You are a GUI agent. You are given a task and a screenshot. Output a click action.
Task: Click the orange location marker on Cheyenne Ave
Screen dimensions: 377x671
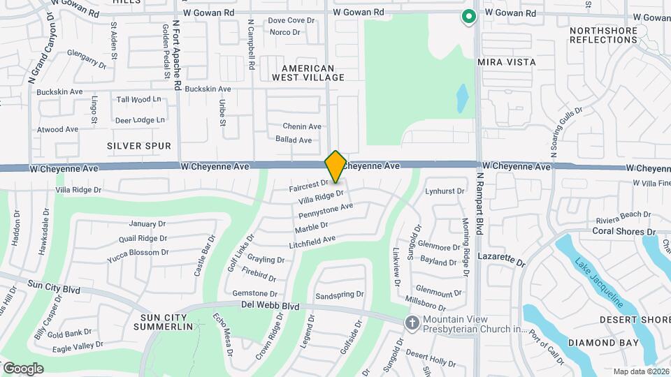click(x=335, y=167)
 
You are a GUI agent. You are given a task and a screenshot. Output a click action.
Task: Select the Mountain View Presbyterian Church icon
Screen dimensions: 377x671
click(x=412, y=323)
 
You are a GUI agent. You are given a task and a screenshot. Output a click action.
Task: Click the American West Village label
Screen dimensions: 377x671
click(x=313, y=73)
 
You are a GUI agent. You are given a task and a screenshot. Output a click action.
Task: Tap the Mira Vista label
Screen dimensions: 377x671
click(x=507, y=62)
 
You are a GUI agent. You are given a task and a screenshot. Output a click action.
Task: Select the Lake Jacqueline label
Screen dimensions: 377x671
click(x=599, y=283)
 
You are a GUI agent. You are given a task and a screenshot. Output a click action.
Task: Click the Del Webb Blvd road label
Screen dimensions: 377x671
click(x=270, y=306)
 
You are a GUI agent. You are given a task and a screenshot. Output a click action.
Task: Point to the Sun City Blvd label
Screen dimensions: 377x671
click(x=54, y=288)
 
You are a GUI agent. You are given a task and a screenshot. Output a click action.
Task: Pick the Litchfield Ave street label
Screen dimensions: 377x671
click(x=312, y=242)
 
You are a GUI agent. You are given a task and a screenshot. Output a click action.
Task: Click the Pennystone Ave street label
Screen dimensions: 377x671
click(x=326, y=210)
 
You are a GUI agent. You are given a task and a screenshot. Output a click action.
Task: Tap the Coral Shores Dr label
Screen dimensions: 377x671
click(x=623, y=231)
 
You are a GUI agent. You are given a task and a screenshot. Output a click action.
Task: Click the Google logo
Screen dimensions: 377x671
click(x=23, y=369)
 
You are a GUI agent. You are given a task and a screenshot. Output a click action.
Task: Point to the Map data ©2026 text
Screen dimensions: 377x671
click(x=640, y=371)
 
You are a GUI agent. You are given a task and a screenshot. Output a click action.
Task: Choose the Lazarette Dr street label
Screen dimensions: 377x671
click(x=501, y=260)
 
